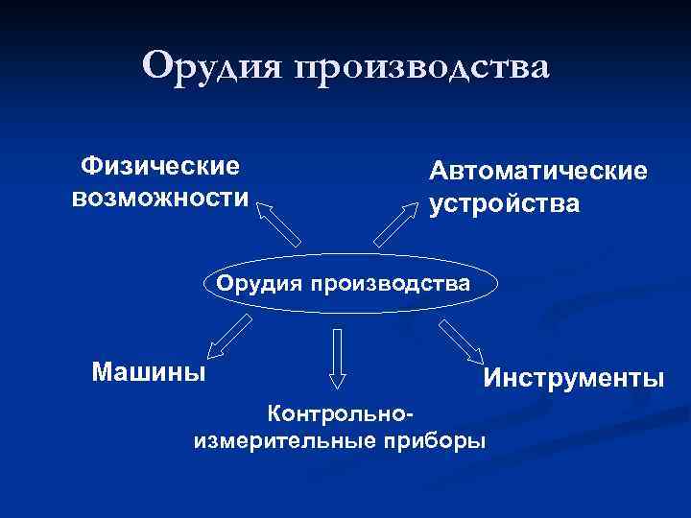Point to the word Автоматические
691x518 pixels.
538,172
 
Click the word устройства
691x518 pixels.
505,204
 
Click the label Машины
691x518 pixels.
149,370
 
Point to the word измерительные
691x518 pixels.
284,441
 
